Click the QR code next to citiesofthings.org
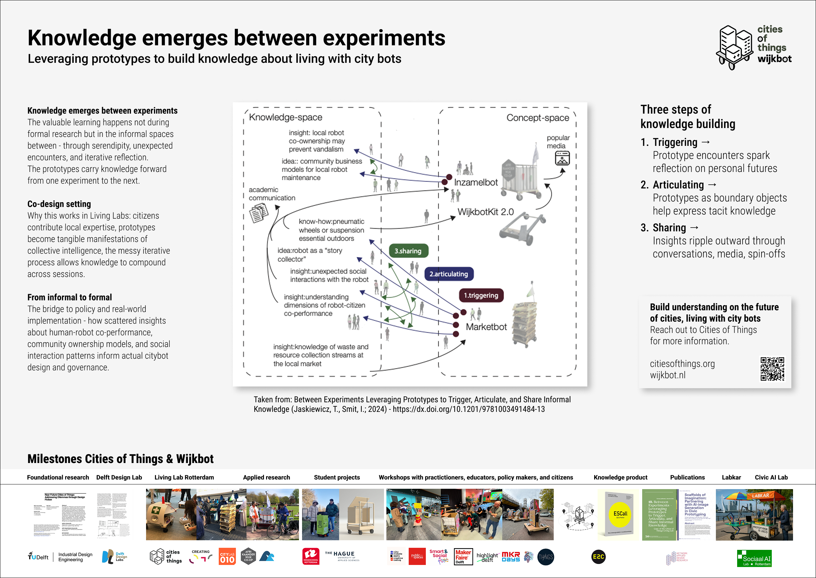coord(772,369)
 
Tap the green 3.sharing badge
coord(408,251)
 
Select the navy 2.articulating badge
coord(449,274)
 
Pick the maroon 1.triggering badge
coord(481,296)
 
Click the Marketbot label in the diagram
coord(486,327)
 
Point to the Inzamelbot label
coord(476,182)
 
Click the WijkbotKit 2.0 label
coord(485,212)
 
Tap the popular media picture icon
coord(562,158)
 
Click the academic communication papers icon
coord(259,213)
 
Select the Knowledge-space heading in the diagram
coord(286,117)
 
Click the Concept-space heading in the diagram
coord(538,118)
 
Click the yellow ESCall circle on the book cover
coord(621,514)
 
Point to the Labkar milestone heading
coord(731,477)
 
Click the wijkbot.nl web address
coord(668,375)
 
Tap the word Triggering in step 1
coord(675,142)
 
